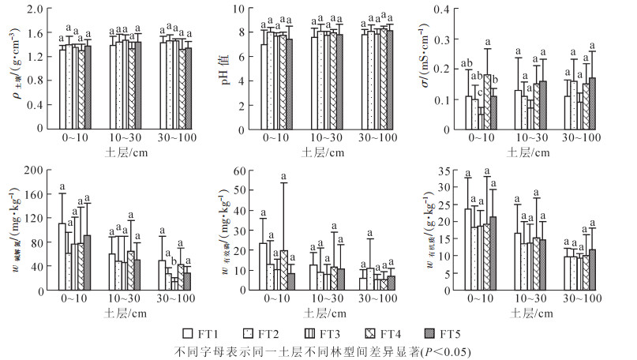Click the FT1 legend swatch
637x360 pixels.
187,333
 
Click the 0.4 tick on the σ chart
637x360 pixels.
445,10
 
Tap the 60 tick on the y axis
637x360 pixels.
242,170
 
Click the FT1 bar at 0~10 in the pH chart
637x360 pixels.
265,87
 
